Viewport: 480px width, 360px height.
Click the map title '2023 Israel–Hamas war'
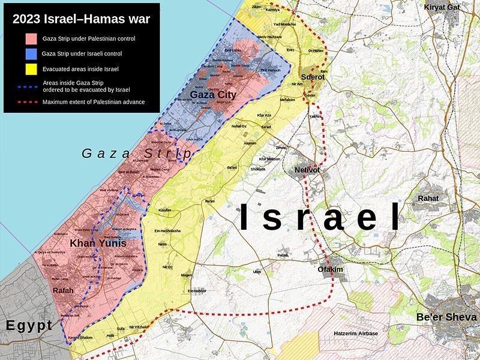click(x=82, y=19)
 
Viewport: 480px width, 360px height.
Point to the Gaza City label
click(x=213, y=95)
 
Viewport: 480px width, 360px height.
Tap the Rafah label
click(x=63, y=290)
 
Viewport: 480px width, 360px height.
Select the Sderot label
click(x=312, y=77)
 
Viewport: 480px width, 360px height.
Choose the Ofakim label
click(x=330, y=269)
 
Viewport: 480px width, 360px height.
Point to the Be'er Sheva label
click(x=447, y=317)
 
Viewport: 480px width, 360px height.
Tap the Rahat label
click(x=428, y=198)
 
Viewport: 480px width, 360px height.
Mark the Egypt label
click(x=29, y=326)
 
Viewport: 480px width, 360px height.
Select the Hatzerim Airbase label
click(x=356, y=333)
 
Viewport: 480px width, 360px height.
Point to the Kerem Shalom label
click(x=81, y=338)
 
